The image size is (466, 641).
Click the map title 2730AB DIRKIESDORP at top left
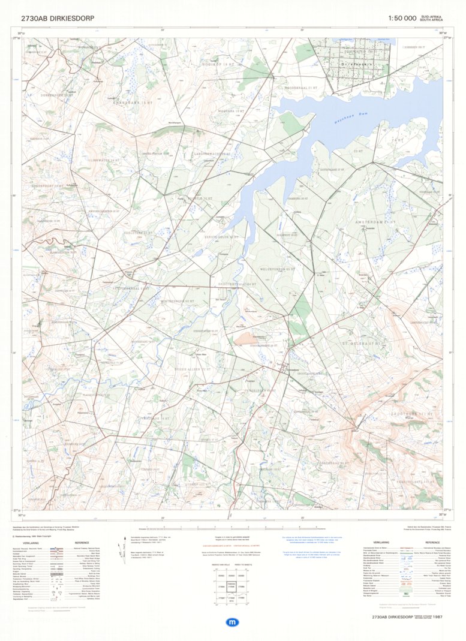(x=58, y=19)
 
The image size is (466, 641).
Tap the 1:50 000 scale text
(x=402, y=19)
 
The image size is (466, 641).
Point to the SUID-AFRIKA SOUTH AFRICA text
(x=432, y=19)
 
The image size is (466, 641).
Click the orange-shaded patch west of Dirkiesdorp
(x=246, y=339)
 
